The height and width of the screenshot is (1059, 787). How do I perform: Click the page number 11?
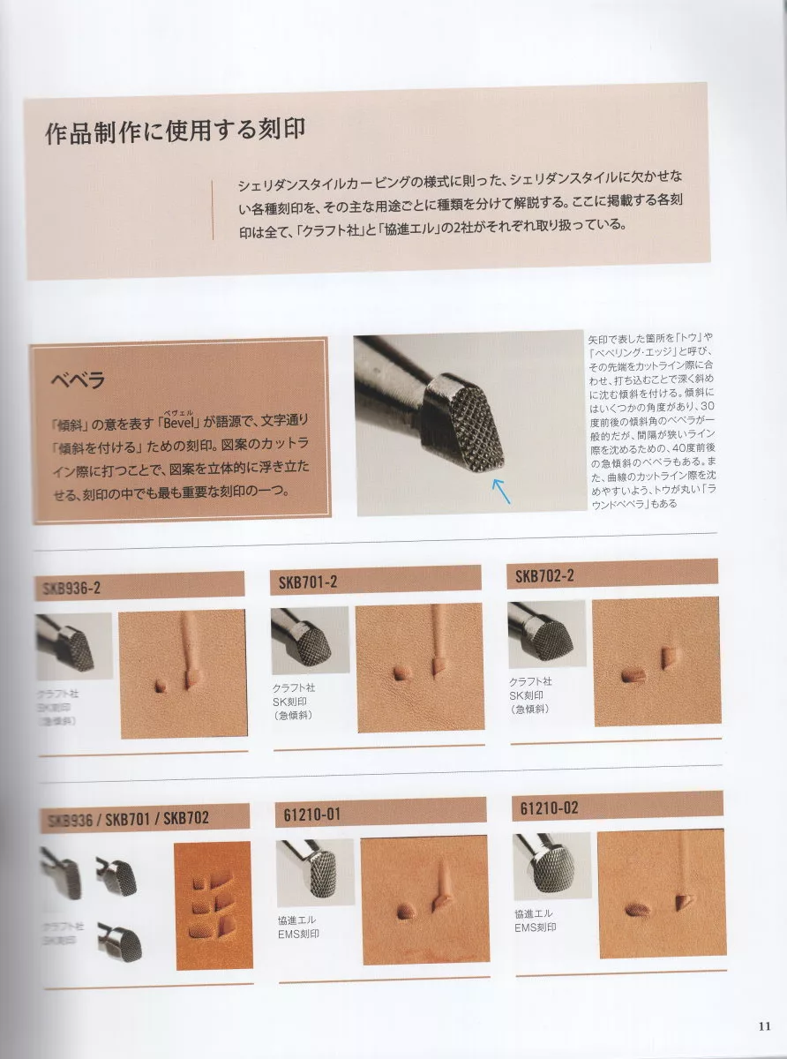click(765, 1025)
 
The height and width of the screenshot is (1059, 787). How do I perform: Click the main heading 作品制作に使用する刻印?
click(175, 131)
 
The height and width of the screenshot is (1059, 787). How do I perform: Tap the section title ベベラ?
click(79, 381)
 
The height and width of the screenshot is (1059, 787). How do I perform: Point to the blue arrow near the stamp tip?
click(500, 490)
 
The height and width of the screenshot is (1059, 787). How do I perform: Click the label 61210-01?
click(307, 814)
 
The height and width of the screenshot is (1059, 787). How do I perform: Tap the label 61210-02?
click(549, 807)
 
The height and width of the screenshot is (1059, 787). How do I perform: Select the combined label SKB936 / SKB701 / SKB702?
click(126, 818)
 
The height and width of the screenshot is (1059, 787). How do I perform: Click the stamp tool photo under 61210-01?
click(315, 869)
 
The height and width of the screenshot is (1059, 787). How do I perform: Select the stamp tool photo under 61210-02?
click(551, 864)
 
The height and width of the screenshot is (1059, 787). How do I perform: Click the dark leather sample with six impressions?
click(212, 904)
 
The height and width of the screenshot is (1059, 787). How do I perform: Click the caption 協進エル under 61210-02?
click(533, 913)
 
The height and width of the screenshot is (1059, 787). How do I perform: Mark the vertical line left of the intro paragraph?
click(213, 210)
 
